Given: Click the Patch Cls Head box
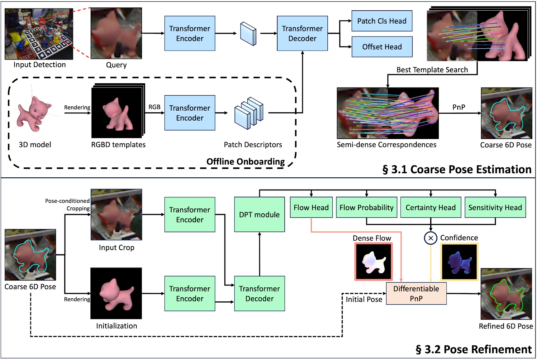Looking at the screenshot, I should (x=382, y=21).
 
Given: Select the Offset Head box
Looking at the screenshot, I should (x=382, y=47).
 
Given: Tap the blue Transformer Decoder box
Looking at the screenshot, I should (x=302, y=33).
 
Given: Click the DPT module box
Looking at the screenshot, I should (x=259, y=214).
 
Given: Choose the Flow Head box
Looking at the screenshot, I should (x=311, y=207).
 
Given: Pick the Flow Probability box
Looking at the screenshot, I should (x=366, y=207).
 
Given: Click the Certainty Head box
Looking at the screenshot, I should (x=430, y=207).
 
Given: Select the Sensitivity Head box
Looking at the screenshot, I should (x=495, y=207).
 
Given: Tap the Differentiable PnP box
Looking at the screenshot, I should (x=416, y=293).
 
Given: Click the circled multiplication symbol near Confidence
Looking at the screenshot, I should (x=430, y=238).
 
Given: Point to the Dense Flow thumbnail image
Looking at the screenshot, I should (x=373, y=262).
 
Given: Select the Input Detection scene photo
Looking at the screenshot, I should (x=39, y=34).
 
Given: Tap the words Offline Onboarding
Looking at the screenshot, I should (x=245, y=161).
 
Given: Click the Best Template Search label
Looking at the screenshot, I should (x=432, y=70).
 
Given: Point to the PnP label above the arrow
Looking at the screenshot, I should (x=459, y=107).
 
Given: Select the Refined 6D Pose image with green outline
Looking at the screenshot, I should (x=506, y=294).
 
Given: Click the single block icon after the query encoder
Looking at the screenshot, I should (x=248, y=34).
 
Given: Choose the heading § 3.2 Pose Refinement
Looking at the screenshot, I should (x=473, y=349).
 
